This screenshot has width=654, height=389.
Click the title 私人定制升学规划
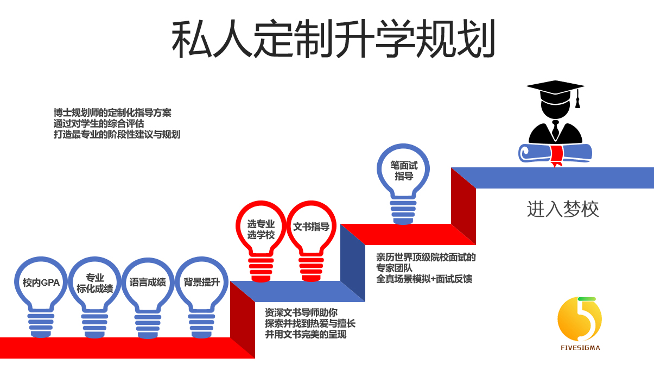(333, 40)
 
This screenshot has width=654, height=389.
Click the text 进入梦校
(563, 209)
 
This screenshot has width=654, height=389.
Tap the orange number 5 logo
(579, 321)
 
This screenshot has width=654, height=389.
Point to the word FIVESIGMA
(579, 348)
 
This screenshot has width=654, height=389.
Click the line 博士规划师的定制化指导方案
(112, 113)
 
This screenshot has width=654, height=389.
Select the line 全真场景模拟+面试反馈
(424, 279)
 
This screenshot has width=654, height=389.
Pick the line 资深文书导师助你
(301, 312)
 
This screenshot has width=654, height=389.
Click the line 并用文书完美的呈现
(306, 335)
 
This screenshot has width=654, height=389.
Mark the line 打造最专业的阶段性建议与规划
(117, 134)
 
